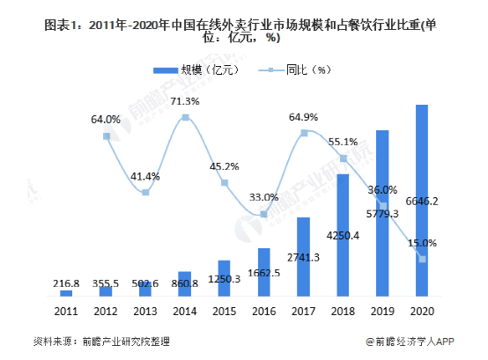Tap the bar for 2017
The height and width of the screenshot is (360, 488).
click(x=303, y=256)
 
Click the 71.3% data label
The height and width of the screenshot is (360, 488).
click(x=184, y=101)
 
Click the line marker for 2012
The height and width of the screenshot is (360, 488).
click(x=106, y=136)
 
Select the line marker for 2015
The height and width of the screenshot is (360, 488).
click(x=225, y=183)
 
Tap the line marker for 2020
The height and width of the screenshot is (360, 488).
click(x=422, y=259)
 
